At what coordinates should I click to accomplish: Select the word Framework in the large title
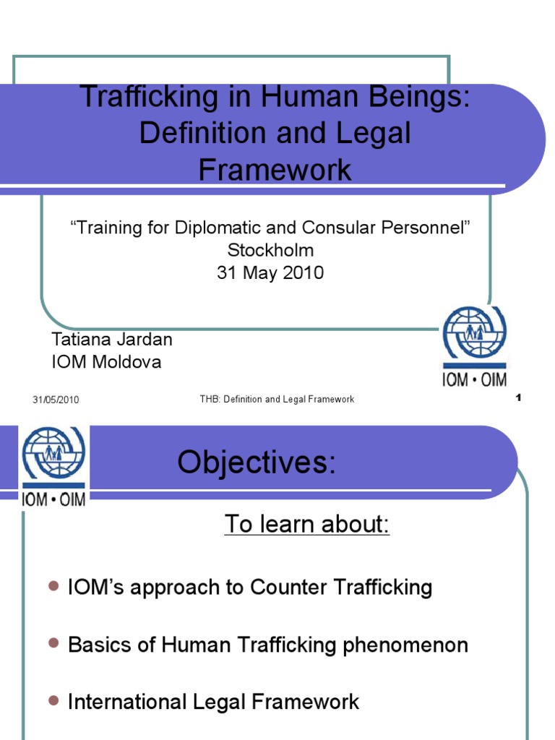point(275,170)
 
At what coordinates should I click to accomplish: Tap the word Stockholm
point(270,251)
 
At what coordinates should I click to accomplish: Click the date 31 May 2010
point(270,273)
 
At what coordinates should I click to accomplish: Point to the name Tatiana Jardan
point(112,339)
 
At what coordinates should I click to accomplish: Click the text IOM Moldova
point(106,361)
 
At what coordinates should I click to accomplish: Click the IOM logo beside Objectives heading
point(53,465)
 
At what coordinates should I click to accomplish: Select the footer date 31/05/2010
point(56,400)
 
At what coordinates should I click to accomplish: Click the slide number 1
point(519,398)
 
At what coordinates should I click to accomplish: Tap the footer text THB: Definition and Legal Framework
point(277,400)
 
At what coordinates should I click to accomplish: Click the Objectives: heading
point(257,462)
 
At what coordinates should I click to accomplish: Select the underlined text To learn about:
point(307,524)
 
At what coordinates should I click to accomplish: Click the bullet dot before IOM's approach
point(53,587)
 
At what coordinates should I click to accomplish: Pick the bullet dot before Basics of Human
point(53,643)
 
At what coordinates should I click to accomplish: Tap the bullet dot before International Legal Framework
point(53,700)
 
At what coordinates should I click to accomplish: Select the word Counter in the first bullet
point(291,588)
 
